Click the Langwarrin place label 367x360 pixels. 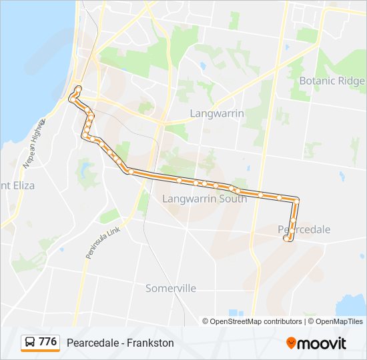pos(217,113)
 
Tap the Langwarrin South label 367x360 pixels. pos(204,199)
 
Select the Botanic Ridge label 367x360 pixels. pos(332,81)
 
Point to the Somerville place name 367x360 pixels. pos(171,288)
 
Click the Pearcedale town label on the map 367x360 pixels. pos(304,229)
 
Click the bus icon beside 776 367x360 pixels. pos(30,343)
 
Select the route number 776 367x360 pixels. pos(47,342)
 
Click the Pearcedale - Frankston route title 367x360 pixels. pos(120,343)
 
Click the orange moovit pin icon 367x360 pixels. pos(292,343)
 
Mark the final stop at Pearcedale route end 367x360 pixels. pos(287,238)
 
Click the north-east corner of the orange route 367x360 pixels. pos(296,199)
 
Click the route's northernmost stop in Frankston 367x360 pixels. pos(78,89)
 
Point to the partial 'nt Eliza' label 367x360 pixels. pos(14,185)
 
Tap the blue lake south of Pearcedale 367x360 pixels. pos(351,306)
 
